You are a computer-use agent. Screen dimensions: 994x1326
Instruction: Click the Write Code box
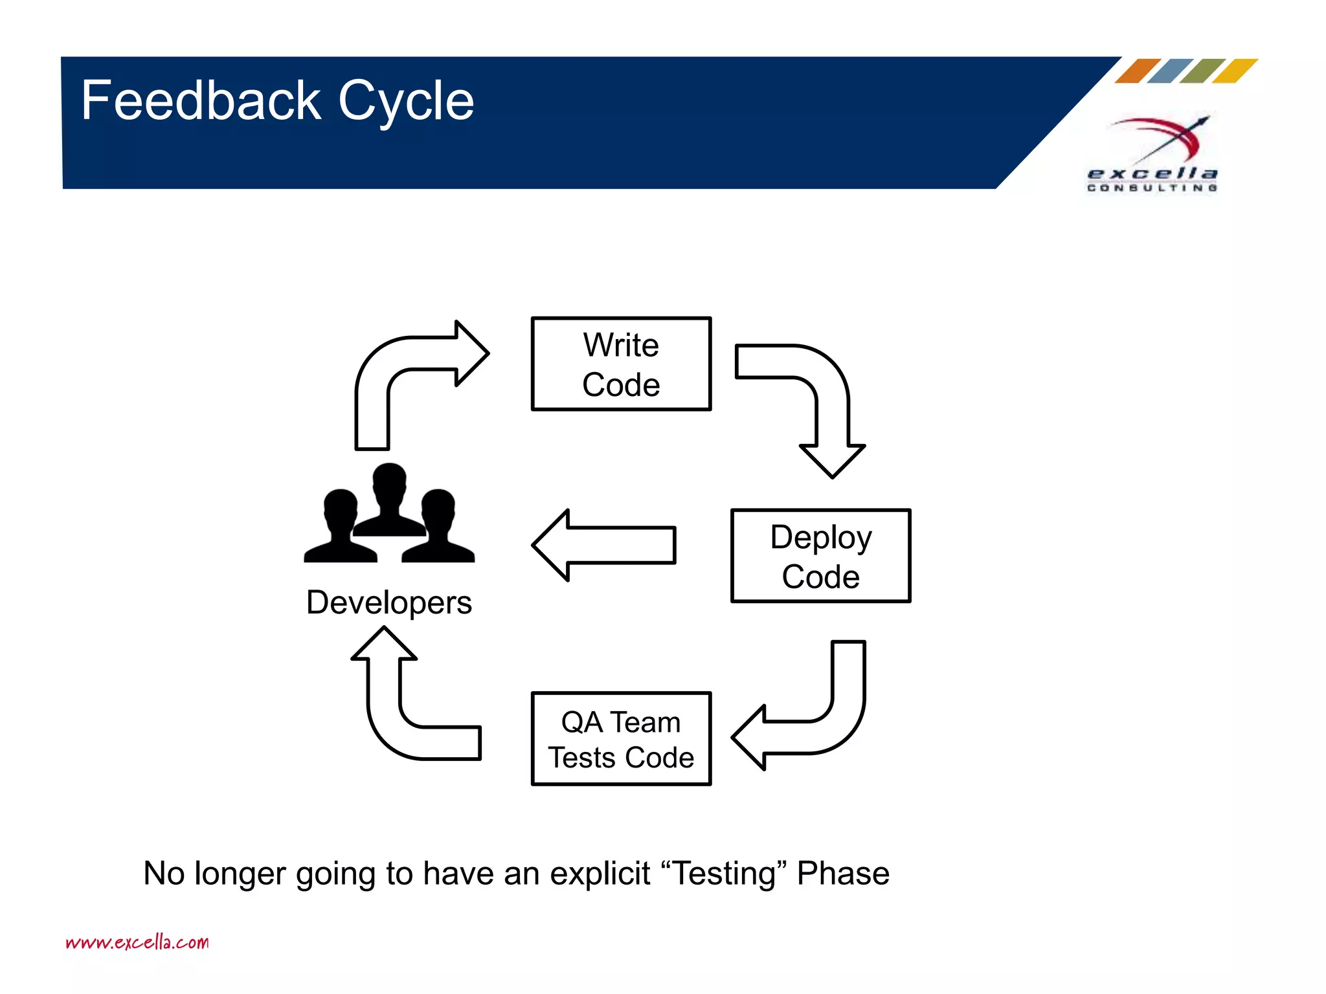pyautogui.click(x=621, y=364)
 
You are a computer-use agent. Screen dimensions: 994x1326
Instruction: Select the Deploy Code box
pyautogui.click(x=820, y=556)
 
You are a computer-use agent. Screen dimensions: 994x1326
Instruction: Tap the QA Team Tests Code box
pyautogui.click(x=621, y=739)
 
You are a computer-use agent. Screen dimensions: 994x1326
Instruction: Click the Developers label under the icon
pyautogui.click(x=388, y=602)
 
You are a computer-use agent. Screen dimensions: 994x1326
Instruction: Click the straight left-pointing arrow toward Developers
pyautogui.click(x=603, y=545)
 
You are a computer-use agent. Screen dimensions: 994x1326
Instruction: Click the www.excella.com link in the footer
pyautogui.click(x=137, y=942)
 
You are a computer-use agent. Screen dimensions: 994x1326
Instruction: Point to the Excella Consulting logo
pyautogui.click(x=1152, y=155)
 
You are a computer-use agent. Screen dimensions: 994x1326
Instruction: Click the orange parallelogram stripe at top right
pyautogui.click(x=1138, y=71)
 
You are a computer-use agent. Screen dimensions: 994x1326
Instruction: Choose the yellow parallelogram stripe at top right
pyautogui.click(x=1235, y=71)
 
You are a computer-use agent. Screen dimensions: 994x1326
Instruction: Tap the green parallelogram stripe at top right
pyautogui.click(x=1202, y=71)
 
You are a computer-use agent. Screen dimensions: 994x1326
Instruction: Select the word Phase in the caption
pyautogui.click(x=843, y=874)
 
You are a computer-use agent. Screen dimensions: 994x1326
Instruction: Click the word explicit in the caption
pyautogui.click(x=600, y=874)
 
